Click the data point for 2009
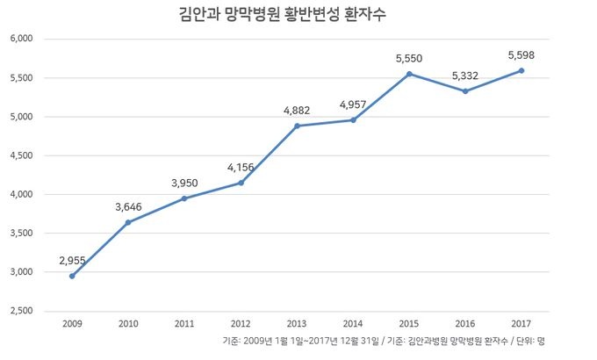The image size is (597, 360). tap(72, 276)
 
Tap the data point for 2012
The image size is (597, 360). tap(241, 183)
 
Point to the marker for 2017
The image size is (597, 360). tap(521, 70)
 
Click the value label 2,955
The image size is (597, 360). tap(73, 260)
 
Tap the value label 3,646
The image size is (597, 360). tap(129, 206)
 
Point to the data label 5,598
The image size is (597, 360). tap(521, 54)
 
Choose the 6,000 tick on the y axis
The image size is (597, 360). tap(20, 40)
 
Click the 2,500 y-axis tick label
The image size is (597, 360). tap(20, 311)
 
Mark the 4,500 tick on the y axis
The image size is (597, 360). tap(20, 155)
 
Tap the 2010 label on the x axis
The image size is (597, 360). tap(129, 324)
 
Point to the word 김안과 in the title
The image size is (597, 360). tap(172, 15)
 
